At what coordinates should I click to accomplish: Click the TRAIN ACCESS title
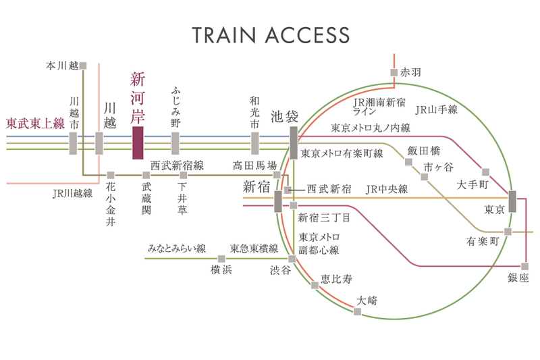click(270, 35)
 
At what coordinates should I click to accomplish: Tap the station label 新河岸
click(138, 96)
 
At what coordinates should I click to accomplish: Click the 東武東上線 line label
click(35, 124)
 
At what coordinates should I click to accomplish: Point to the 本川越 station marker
click(83, 66)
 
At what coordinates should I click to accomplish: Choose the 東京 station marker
click(512, 202)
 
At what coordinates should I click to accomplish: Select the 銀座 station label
click(520, 278)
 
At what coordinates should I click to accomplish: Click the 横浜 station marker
click(221, 259)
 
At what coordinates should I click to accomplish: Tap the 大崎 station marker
click(356, 311)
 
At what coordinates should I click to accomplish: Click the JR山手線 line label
click(437, 109)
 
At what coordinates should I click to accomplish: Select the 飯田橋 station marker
click(408, 162)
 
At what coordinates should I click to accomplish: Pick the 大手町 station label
click(470, 184)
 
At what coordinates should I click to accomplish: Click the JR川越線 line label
click(72, 193)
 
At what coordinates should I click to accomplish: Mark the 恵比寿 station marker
click(315, 286)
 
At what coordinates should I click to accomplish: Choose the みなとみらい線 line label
click(176, 249)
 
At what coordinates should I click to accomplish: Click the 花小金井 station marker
click(111, 175)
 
